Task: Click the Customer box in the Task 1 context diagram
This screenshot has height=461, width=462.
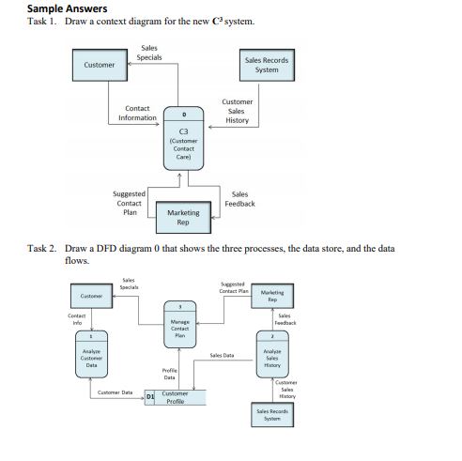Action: pos(100,65)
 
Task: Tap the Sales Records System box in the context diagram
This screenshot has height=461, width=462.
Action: pos(267,65)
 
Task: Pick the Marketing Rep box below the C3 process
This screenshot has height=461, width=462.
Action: pos(183,218)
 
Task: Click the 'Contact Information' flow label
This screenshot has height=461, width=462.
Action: pos(137,114)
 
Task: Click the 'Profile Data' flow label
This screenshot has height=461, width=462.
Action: pos(170,375)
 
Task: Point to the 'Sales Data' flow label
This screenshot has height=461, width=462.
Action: pos(223,356)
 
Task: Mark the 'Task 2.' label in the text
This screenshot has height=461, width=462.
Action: pos(42,249)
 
